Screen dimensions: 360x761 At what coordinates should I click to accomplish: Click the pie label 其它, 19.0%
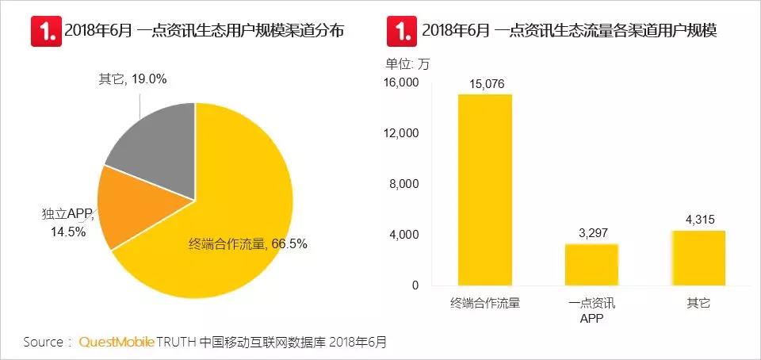pyautogui.click(x=132, y=79)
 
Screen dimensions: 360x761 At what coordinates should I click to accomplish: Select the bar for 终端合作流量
pyautogui.click(x=484, y=190)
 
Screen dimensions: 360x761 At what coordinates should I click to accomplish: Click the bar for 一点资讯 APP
pyautogui.click(x=591, y=264)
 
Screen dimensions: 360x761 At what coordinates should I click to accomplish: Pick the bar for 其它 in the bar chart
pyautogui.click(x=698, y=258)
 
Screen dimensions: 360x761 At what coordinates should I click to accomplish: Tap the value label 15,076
pyautogui.click(x=485, y=83)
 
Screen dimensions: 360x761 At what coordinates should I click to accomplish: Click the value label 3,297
pyautogui.click(x=591, y=233)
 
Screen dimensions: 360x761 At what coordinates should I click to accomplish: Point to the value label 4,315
pyautogui.click(x=698, y=220)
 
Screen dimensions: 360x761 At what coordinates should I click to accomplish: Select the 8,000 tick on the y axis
pyautogui.click(x=405, y=184)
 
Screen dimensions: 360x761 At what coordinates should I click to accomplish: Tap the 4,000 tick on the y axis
pyautogui.click(x=405, y=235)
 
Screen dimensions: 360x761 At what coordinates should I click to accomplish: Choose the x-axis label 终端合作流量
pyautogui.click(x=484, y=303)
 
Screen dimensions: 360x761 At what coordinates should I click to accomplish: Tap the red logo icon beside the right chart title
pyautogui.click(x=401, y=31)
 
